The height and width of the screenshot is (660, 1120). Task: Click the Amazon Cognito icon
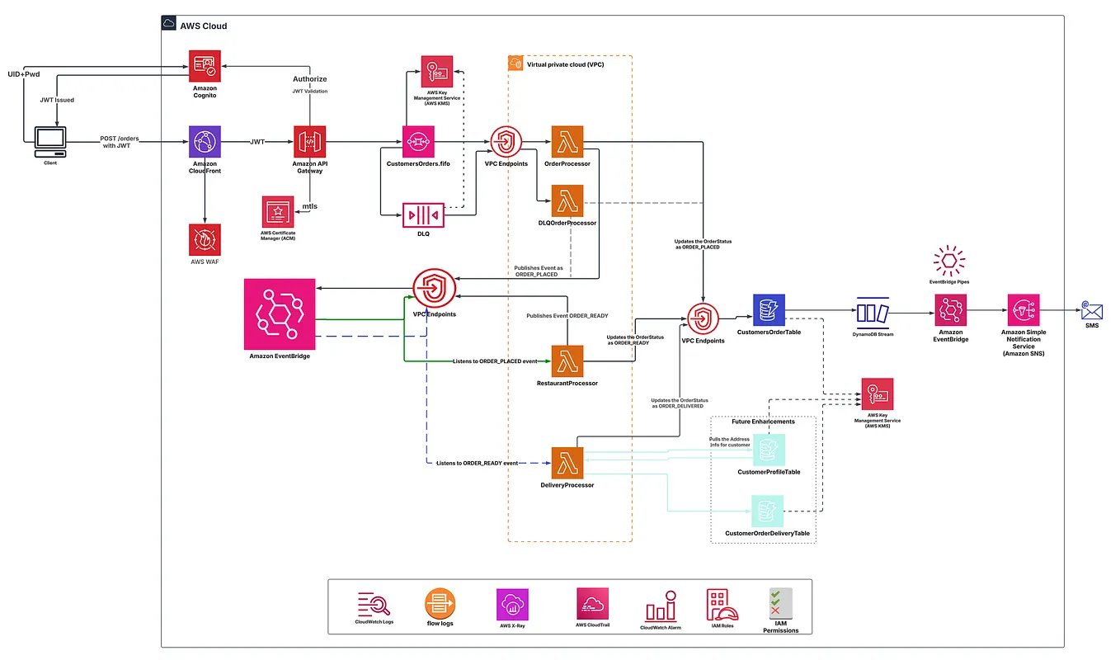point(205,66)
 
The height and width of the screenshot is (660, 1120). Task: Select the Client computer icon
point(51,142)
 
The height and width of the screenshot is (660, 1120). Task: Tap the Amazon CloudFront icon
point(205,142)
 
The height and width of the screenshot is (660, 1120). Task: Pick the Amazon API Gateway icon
point(310,142)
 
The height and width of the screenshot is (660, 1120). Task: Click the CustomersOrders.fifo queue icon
point(418,142)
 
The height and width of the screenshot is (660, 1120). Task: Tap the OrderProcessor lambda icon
point(567,142)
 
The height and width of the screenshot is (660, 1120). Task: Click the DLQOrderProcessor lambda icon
point(567,201)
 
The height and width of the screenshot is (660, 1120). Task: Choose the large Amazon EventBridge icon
point(280,313)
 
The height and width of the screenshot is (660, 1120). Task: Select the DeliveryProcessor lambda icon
point(567,464)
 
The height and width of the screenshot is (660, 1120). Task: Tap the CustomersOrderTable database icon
point(768,310)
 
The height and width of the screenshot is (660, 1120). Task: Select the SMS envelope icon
point(1091,311)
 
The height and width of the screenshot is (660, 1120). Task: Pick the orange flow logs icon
point(440,603)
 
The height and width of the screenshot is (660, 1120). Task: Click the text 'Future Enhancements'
point(763,422)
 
